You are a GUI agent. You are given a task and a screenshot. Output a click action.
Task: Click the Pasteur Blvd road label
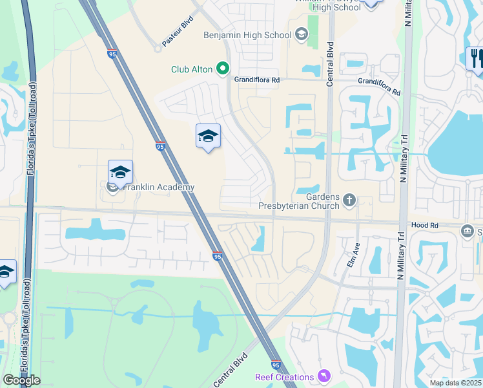coord(178,31)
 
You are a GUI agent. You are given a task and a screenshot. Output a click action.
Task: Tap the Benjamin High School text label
coord(248,35)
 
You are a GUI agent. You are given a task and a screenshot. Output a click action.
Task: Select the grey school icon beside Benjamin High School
coord(301,35)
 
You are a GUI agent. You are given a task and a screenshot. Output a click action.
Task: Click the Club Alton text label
coord(192,69)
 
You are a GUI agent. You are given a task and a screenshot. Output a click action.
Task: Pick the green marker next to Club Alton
coord(223,68)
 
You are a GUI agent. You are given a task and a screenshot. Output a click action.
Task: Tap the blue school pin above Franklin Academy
coord(120,173)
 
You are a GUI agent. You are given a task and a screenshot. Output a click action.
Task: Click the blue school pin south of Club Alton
coord(208,136)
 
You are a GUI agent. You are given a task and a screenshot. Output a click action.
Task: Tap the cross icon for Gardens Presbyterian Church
coord(349,200)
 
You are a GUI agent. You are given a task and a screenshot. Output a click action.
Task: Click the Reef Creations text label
coord(284,377)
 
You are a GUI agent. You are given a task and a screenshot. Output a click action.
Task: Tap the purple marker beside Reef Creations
coord(324,376)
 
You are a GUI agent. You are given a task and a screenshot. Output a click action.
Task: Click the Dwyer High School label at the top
coord(327,6)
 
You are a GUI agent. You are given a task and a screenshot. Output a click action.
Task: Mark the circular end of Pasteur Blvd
coord(157,48)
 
